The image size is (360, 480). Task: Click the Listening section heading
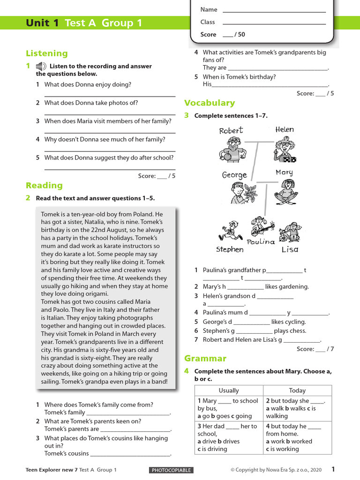point(47,53)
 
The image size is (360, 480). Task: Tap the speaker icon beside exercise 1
point(41,66)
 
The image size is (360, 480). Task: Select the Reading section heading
point(44,185)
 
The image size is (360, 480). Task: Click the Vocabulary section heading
point(210,103)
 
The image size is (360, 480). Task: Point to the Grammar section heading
point(205,359)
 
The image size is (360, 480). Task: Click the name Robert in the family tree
point(231,130)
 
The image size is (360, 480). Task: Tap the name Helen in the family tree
point(285,129)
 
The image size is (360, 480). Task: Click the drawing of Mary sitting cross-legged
point(286,191)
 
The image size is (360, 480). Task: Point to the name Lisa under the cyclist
point(290,249)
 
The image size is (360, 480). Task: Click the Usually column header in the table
point(229,390)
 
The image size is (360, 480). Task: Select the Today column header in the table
point(297,390)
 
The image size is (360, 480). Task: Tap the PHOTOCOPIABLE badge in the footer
point(171,470)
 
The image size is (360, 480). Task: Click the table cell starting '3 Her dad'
point(229,437)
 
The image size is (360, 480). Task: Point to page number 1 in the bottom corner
point(333,469)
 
